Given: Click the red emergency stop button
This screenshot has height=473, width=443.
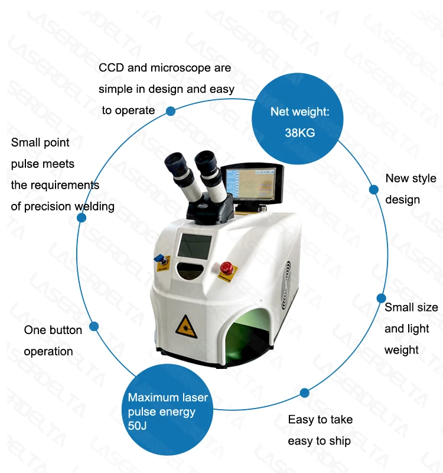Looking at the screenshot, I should click(x=224, y=267).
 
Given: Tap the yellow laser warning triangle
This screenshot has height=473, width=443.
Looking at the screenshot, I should click(x=184, y=324).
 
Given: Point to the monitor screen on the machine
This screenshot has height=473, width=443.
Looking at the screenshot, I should click(x=253, y=183).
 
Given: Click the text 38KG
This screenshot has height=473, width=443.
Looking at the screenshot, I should click(x=299, y=133).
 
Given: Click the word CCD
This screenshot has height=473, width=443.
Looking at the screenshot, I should click(x=111, y=68).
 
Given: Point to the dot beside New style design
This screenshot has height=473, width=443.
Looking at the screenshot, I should click(x=374, y=190).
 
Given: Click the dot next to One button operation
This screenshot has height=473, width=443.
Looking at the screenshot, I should click(x=94, y=326).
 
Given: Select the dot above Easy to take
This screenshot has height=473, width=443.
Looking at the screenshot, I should click(x=305, y=393).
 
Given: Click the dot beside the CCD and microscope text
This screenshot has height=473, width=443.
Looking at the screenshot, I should click(x=171, y=111).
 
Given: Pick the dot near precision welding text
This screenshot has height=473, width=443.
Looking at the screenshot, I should click(x=82, y=218).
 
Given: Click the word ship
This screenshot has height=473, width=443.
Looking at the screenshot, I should click(x=340, y=441).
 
